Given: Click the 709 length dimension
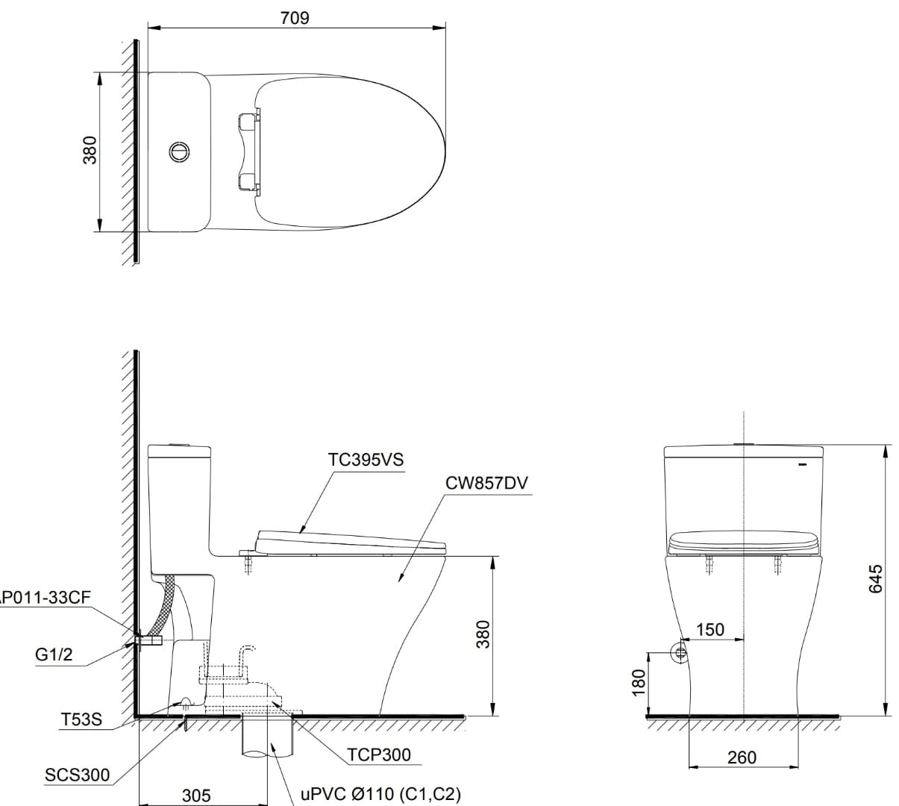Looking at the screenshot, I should click(x=295, y=18).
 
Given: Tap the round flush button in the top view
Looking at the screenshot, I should click(x=179, y=151).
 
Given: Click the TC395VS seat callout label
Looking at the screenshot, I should click(x=366, y=460).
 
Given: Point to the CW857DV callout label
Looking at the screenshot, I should click(x=486, y=483).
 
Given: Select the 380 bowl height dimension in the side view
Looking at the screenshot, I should click(x=483, y=634).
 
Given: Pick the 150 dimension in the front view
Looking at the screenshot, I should click(x=710, y=629).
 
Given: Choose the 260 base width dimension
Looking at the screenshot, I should click(x=742, y=757).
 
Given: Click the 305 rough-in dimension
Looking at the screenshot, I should click(x=196, y=796).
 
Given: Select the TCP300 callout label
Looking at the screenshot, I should click(x=378, y=755).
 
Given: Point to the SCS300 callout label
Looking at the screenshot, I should click(x=77, y=775).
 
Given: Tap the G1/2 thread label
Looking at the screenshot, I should click(x=54, y=655).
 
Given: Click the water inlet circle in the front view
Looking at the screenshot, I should click(x=680, y=652).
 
